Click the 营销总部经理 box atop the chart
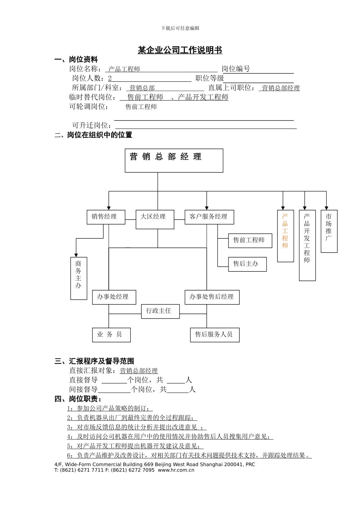[x=174, y=160]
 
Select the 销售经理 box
[x=106, y=217]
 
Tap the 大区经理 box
[x=155, y=219]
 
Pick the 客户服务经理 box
[x=209, y=217]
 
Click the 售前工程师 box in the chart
[x=250, y=240]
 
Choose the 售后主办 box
[x=247, y=264]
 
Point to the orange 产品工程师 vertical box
[x=285, y=236]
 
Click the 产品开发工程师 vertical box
[x=307, y=245]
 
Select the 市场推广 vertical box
[x=329, y=231]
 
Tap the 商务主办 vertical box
[x=78, y=278]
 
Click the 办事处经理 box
[x=114, y=297]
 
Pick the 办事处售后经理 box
[x=212, y=297]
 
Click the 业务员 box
[x=111, y=334]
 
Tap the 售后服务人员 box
[x=214, y=334]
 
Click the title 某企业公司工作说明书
[x=180, y=50]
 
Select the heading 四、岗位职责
[x=78, y=399]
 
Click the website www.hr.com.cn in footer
[x=176, y=470]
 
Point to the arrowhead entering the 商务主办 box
[x=76, y=255]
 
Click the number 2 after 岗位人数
[x=110, y=78]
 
